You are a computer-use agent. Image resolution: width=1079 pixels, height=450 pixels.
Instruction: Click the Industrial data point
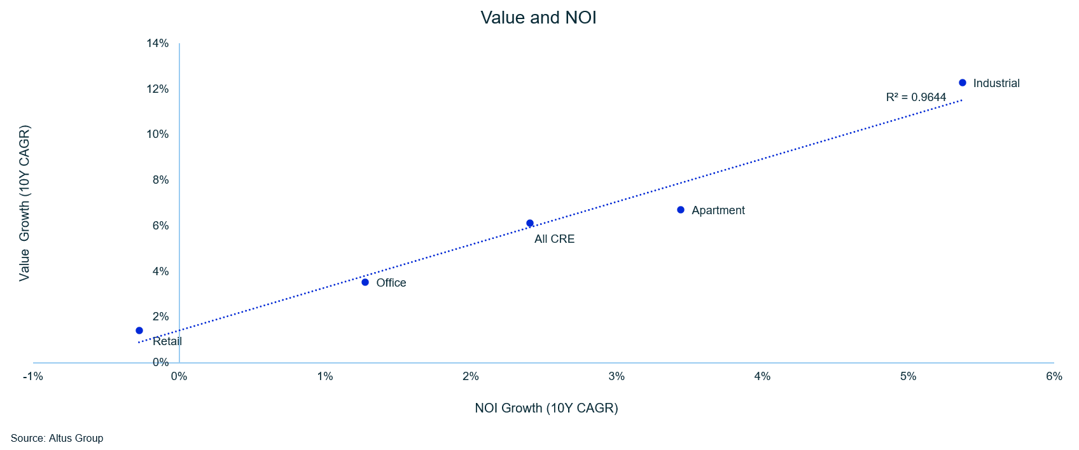(x=963, y=83)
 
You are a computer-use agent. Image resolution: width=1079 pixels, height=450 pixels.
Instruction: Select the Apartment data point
(x=681, y=210)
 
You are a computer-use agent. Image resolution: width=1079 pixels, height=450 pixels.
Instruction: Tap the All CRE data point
(x=530, y=223)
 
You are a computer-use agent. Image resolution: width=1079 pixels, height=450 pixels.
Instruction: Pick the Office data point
(x=365, y=282)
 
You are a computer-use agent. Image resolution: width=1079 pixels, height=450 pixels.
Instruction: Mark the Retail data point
(x=139, y=331)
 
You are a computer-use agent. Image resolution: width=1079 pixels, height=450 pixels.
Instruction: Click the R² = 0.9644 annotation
(x=915, y=97)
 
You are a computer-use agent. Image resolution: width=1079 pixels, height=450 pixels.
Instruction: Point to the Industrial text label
(x=996, y=83)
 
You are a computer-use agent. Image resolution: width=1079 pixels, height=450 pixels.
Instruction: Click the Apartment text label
(x=718, y=210)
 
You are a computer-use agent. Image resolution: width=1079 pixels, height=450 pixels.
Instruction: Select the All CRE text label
(x=554, y=239)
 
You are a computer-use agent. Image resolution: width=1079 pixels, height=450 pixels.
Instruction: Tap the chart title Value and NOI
(x=538, y=17)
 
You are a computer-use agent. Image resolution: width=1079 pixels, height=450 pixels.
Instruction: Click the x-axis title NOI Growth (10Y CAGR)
(x=546, y=408)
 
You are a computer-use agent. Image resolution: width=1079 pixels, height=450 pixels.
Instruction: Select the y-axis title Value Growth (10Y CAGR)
(x=24, y=203)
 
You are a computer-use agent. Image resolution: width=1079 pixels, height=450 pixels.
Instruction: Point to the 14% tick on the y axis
(x=158, y=43)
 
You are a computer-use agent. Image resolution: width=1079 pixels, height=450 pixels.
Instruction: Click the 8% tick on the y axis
(x=160, y=180)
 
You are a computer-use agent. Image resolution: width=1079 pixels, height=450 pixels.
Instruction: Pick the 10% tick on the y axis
(x=158, y=134)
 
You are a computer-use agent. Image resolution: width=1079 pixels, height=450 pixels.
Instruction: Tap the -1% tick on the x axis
(x=33, y=376)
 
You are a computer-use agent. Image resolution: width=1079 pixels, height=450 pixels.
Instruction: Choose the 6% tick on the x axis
(x=1054, y=376)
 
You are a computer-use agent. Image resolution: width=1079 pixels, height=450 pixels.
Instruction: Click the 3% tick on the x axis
(x=616, y=376)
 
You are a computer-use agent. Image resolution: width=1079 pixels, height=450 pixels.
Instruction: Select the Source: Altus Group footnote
(x=57, y=438)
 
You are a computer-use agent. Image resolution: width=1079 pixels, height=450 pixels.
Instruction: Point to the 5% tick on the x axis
(x=908, y=376)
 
